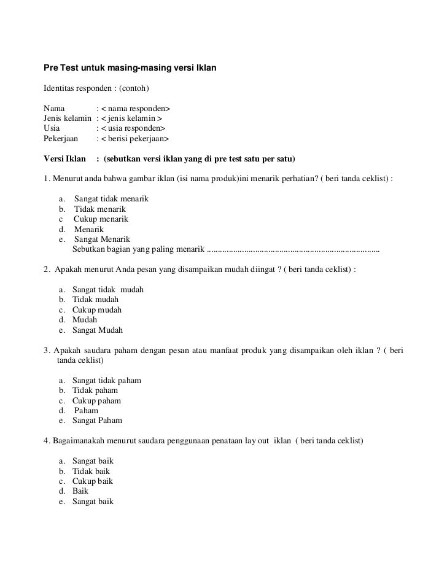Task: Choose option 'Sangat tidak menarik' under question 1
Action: pyautogui.click(x=111, y=200)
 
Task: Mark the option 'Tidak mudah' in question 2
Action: pyautogui.click(x=95, y=299)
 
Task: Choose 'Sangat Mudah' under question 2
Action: pyautogui.click(x=98, y=330)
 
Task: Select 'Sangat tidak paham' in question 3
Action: pyautogui.click(x=107, y=380)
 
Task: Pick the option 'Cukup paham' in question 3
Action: pyautogui.click(x=96, y=400)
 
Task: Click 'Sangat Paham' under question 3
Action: pyautogui.click(x=97, y=421)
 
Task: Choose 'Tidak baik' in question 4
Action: pyautogui.click(x=91, y=471)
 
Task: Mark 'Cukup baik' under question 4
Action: pyautogui.click(x=93, y=481)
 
